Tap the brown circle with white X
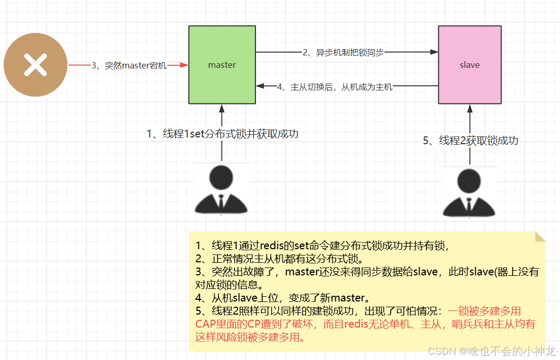(x=36, y=65)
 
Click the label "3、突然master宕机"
(x=129, y=66)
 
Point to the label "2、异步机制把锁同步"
(x=343, y=52)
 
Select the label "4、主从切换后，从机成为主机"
(x=334, y=87)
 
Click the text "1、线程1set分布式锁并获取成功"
(x=223, y=134)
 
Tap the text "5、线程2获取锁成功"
(x=470, y=141)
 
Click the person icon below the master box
(x=222, y=189)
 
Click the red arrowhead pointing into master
(x=184, y=65)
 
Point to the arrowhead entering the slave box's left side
(x=434, y=52)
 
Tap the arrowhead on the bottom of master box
(x=222, y=108)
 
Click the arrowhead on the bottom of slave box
(x=470, y=108)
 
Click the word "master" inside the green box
(x=222, y=65)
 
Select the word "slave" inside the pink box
(x=470, y=65)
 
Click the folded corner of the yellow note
(x=540, y=237)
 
